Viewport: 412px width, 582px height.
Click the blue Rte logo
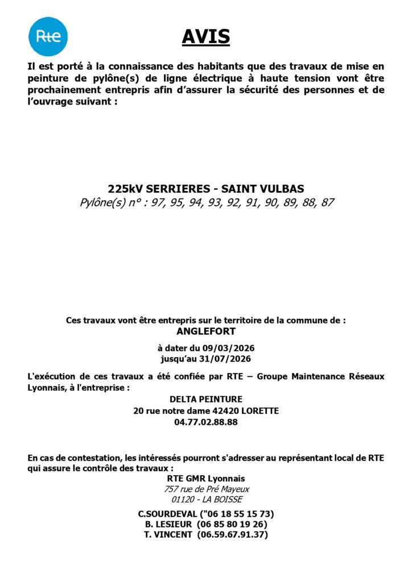coord(48,36)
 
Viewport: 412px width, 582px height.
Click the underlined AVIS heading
coord(206,36)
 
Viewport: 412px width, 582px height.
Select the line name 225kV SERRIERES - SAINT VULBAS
coord(206,189)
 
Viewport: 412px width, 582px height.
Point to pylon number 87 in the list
coord(327,202)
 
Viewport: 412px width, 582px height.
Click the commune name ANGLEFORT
coord(206,331)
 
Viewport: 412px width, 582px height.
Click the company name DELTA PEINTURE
coord(206,400)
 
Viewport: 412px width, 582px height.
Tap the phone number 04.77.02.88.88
coord(206,422)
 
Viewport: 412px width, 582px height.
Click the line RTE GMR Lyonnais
coord(206,479)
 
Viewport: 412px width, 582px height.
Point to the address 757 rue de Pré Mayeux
coord(206,489)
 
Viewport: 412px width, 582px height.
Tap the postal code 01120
coord(182,500)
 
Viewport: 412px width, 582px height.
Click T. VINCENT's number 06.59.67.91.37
coord(232,535)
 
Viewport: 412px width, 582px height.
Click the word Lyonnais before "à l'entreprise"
coord(47,387)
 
